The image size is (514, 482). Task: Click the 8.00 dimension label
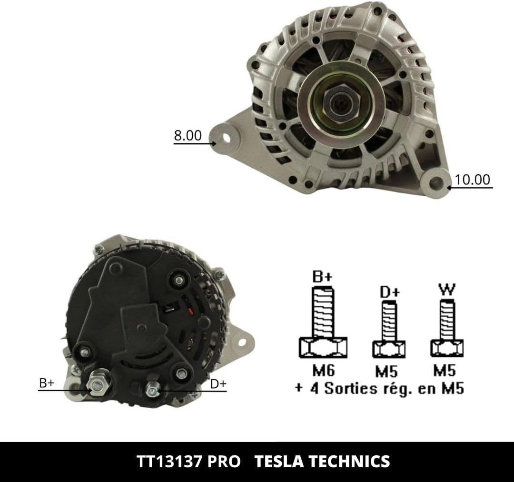188,135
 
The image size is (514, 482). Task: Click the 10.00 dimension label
472,180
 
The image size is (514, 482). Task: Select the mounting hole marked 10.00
435,182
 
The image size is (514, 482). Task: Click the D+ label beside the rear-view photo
218,383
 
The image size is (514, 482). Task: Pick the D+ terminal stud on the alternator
152,389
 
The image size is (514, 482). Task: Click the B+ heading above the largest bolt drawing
323,277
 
